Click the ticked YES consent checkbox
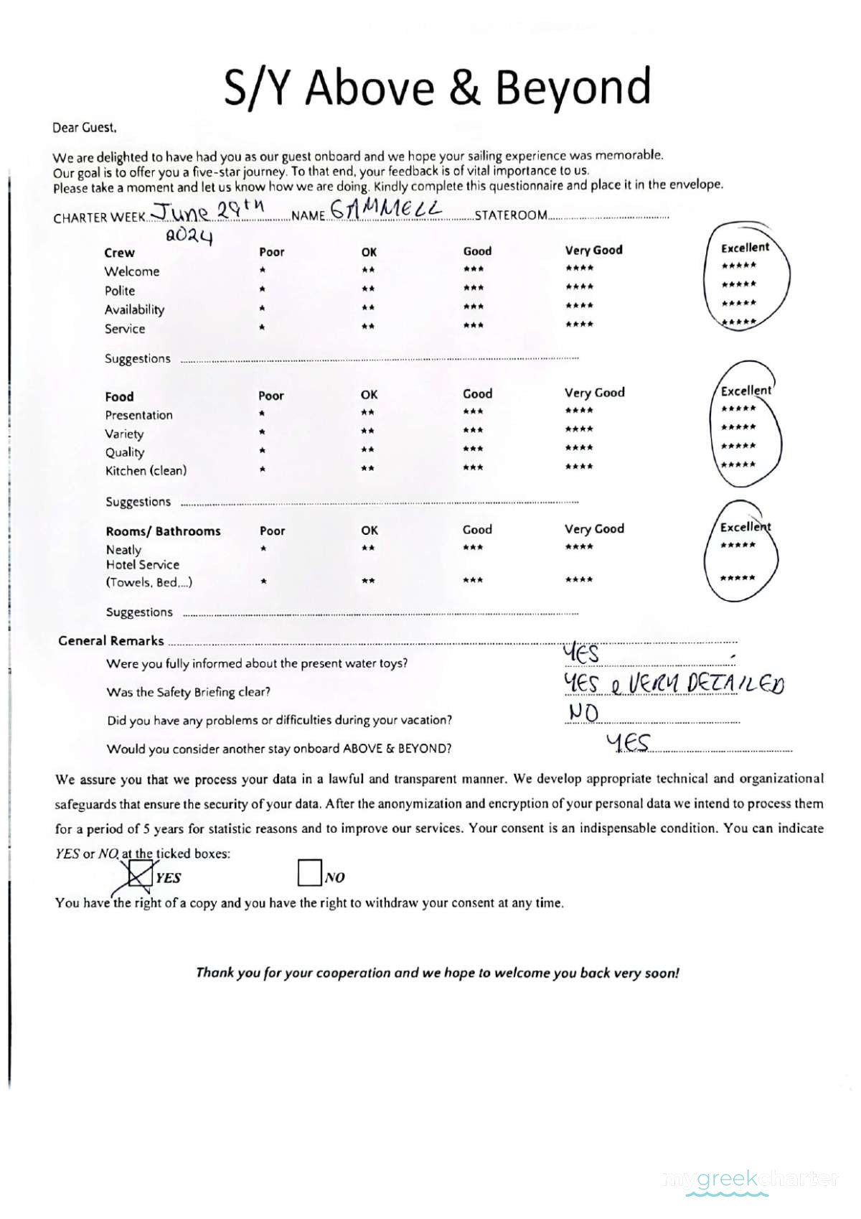pyautogui.click(x=141, y=875)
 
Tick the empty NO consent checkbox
pyautogui.click(x=309, y=873)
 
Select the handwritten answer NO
pyautogui.click(x=583, y=712)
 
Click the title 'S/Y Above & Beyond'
pyautogui.click(x=437, y=87)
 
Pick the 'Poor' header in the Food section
pyautogui.click(x=271, y=396)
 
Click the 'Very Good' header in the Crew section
pyautogui.click(x=593, y=250)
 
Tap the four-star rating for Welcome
pyautogui.click(x=579, y=268)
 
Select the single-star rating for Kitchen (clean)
pyautogui.click(x=263, y=470)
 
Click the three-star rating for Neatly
pyautogui.click(x=473, y=548)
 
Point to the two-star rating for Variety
pyautogui.click(x=367, y=431)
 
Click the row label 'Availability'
pyautogui.click(x=134, y=309)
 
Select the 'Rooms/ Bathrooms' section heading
pyautogui.click(x=163, y=531)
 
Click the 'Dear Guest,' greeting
pyautogui.click(x=84, y=128)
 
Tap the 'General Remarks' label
pyautogui.click(x=111, y=640)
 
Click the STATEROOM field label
pyautogui.click(x=511, y=215)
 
